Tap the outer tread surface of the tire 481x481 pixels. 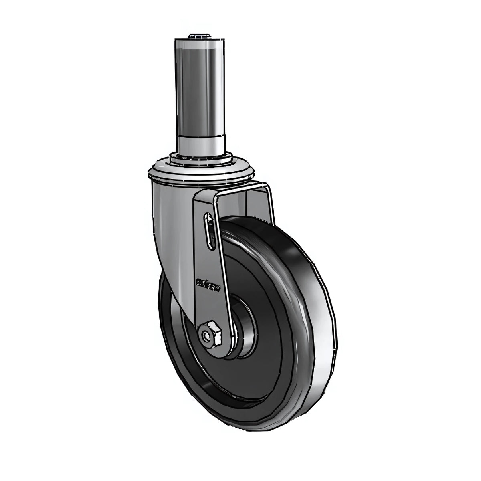pos(317,321)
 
